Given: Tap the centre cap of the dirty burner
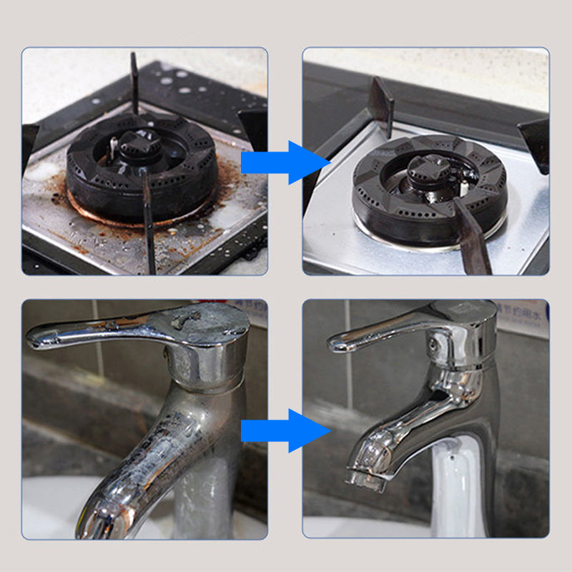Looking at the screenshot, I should point(139,143).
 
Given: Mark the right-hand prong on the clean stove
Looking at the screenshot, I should point(536,143).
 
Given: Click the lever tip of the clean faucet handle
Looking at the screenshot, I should point(336,343).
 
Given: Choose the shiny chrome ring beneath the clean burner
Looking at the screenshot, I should point(429,236).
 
